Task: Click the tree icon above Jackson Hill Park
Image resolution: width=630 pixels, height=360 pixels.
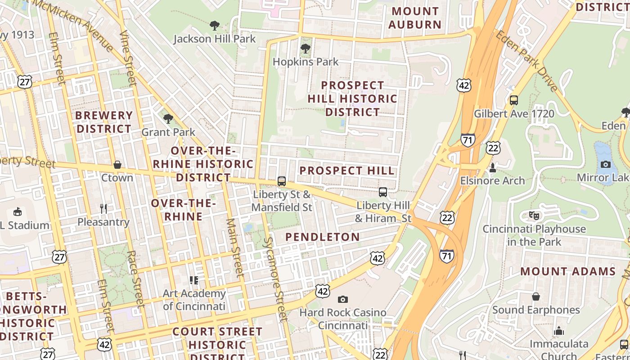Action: [215, 25]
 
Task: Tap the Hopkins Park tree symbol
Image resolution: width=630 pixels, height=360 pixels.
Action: [306, 48]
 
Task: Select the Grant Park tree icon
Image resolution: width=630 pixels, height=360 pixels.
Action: [168, 119]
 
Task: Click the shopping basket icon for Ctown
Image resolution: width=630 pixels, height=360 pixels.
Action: [117, 165]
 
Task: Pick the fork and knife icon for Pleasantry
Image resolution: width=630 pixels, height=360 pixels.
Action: [103, 208]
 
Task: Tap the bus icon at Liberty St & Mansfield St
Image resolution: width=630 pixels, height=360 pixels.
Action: [282, 181]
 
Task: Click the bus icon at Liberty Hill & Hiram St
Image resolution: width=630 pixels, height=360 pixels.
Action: [383, 192]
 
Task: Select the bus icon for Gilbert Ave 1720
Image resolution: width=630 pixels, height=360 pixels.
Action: [514, 100]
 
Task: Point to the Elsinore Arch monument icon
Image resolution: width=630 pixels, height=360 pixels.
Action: [493, 168]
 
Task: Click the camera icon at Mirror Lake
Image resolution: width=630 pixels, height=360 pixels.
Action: [606, 164]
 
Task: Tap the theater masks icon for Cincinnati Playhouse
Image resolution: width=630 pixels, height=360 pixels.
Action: [534, 215]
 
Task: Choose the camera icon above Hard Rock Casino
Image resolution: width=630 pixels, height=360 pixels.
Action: [343, 299]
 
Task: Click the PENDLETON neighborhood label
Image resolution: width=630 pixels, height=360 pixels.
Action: [323, 237]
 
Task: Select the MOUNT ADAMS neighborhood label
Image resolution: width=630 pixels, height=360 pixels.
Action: [568, 271]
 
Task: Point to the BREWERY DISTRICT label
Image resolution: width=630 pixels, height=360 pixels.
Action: [103, 122]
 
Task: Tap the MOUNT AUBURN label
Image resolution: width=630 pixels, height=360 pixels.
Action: [414, 18]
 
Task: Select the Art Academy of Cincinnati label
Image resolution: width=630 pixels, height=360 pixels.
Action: [194, 300]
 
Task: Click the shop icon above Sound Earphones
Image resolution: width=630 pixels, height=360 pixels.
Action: [536, 297]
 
